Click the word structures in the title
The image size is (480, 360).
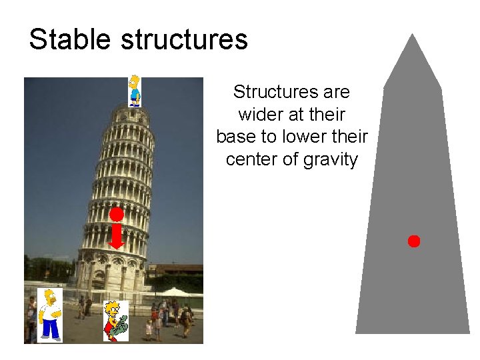185,40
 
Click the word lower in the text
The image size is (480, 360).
299,137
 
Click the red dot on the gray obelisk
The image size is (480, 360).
414,241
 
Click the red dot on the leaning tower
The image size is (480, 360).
117,215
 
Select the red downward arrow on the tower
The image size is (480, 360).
117,237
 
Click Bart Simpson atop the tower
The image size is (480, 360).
135,91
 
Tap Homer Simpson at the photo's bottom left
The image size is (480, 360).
49,315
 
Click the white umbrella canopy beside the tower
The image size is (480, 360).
175,292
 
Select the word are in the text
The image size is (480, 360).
337,91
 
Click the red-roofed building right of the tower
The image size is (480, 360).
175,269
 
